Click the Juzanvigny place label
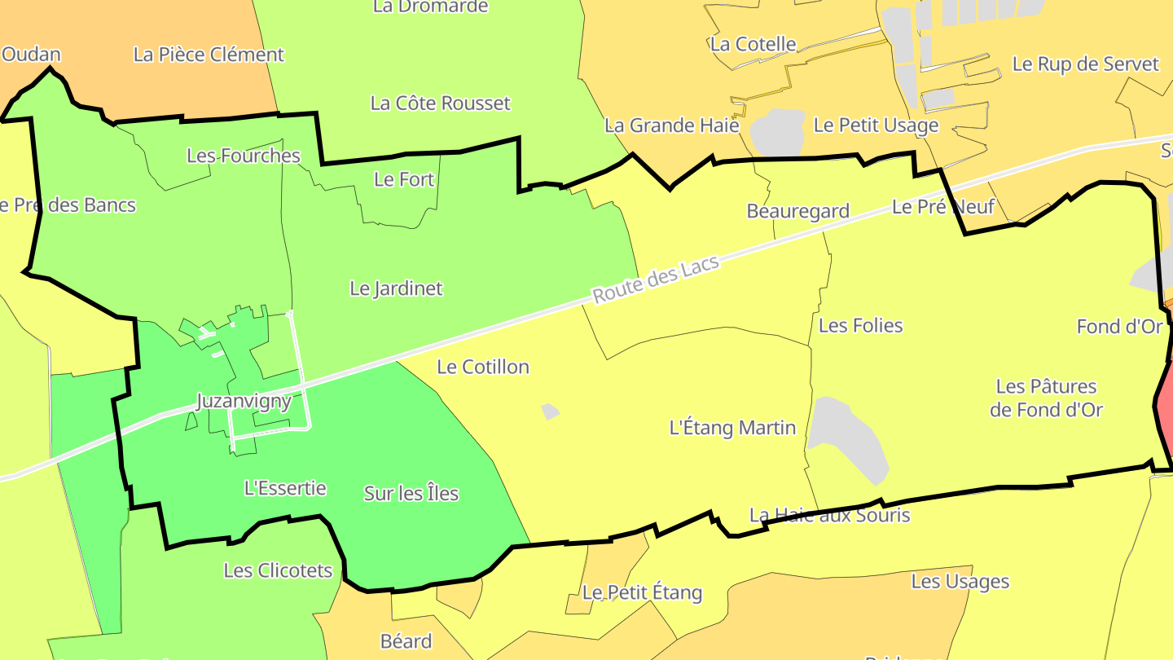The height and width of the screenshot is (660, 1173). tap(244, 401)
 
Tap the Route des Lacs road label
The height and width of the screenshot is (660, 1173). tap(656, 279)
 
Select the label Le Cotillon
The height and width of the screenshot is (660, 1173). tap(483, 367)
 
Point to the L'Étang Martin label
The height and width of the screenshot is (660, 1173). tap(731, 427)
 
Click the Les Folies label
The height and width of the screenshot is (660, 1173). tap(860, 326)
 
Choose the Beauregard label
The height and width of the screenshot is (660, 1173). tap(797, 211)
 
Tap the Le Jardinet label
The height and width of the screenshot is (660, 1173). tap(396, 288)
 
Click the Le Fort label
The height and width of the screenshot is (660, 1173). tap(404, 179)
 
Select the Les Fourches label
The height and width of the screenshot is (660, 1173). tap(244, 156)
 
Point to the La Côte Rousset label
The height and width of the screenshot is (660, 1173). tap(440, 103)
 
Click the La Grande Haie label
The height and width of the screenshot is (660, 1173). tap(671, 125)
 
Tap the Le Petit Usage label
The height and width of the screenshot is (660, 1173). tap(876, 125)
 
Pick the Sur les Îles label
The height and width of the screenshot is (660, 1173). tap(411, 493)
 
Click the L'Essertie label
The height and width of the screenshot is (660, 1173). tap(285, 488)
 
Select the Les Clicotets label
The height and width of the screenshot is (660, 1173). tap(278, 570)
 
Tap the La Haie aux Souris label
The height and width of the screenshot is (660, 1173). tap(829, 515)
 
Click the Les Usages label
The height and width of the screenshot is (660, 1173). tap(960, 582)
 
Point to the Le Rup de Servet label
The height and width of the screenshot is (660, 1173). tap(1085, 64)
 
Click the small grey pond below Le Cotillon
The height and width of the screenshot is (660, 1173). tap(550, 411)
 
